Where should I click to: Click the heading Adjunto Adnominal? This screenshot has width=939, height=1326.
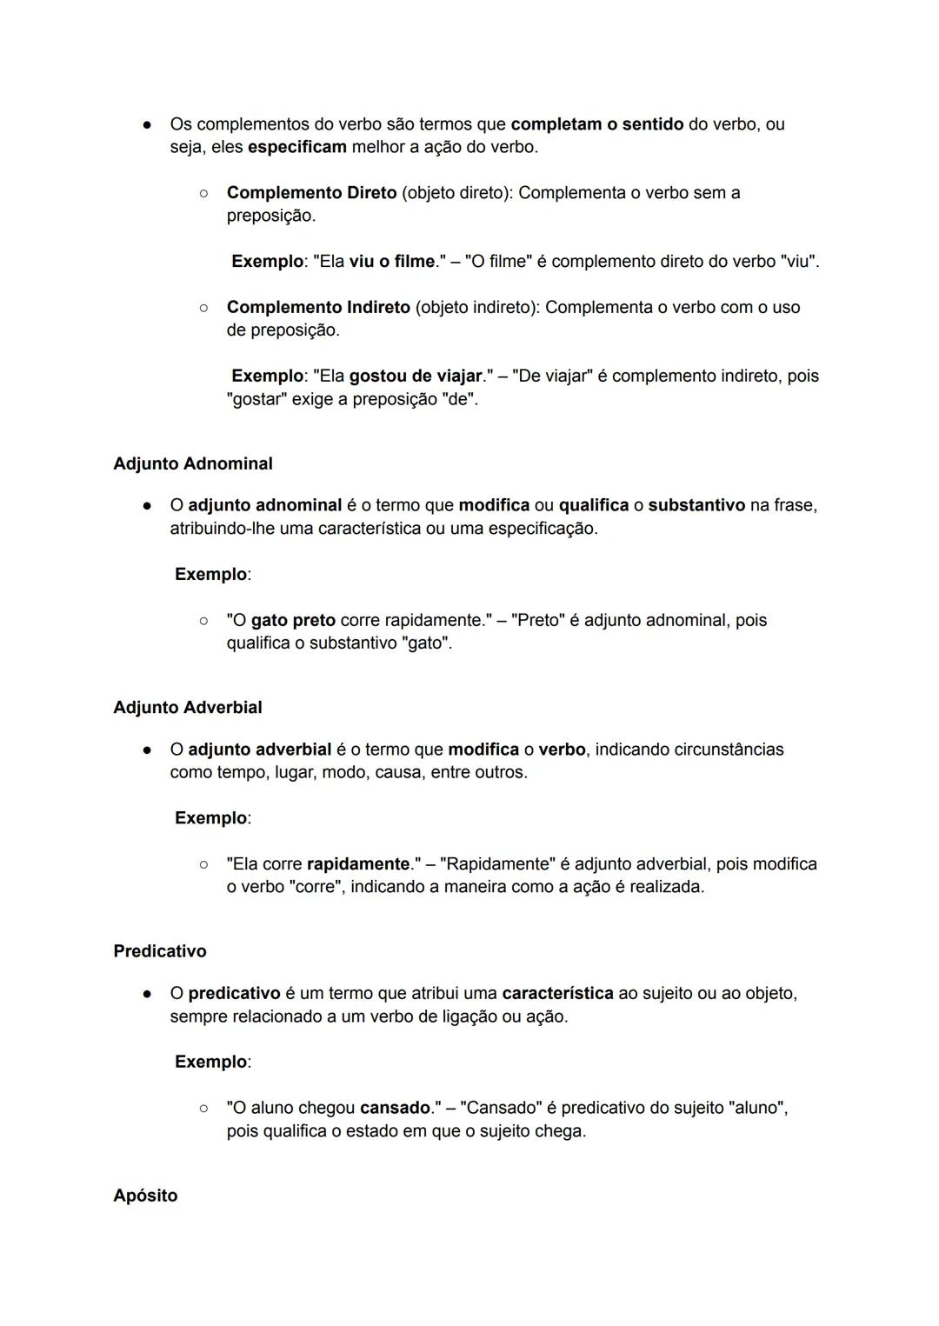192,463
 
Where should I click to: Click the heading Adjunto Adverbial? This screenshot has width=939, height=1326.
187,707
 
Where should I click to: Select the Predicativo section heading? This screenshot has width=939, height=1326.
160,950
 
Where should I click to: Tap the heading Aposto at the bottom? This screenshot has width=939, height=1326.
145,1195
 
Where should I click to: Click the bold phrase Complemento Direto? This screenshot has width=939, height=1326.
311,192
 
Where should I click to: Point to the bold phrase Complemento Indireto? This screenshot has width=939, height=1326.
318,307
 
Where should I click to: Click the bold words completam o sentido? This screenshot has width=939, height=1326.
597,123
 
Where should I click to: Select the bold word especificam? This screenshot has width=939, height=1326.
297,147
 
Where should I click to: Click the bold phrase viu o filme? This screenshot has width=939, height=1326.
391,261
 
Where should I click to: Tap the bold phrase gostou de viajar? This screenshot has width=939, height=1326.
415,376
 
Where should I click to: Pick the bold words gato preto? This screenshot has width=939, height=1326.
293,620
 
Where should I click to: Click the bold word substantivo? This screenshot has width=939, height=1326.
696,505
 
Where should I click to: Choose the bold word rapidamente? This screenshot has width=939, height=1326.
358,863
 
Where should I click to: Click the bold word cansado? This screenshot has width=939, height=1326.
396,1108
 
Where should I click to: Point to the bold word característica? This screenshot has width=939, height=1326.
557,992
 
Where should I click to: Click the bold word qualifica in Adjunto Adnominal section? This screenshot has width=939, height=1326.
593,505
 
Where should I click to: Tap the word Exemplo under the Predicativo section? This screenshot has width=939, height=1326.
211,1062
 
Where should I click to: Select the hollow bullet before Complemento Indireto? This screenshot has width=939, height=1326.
203,307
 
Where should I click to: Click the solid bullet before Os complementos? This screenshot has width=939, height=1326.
147,124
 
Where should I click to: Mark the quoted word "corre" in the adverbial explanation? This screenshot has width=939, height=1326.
314,887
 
